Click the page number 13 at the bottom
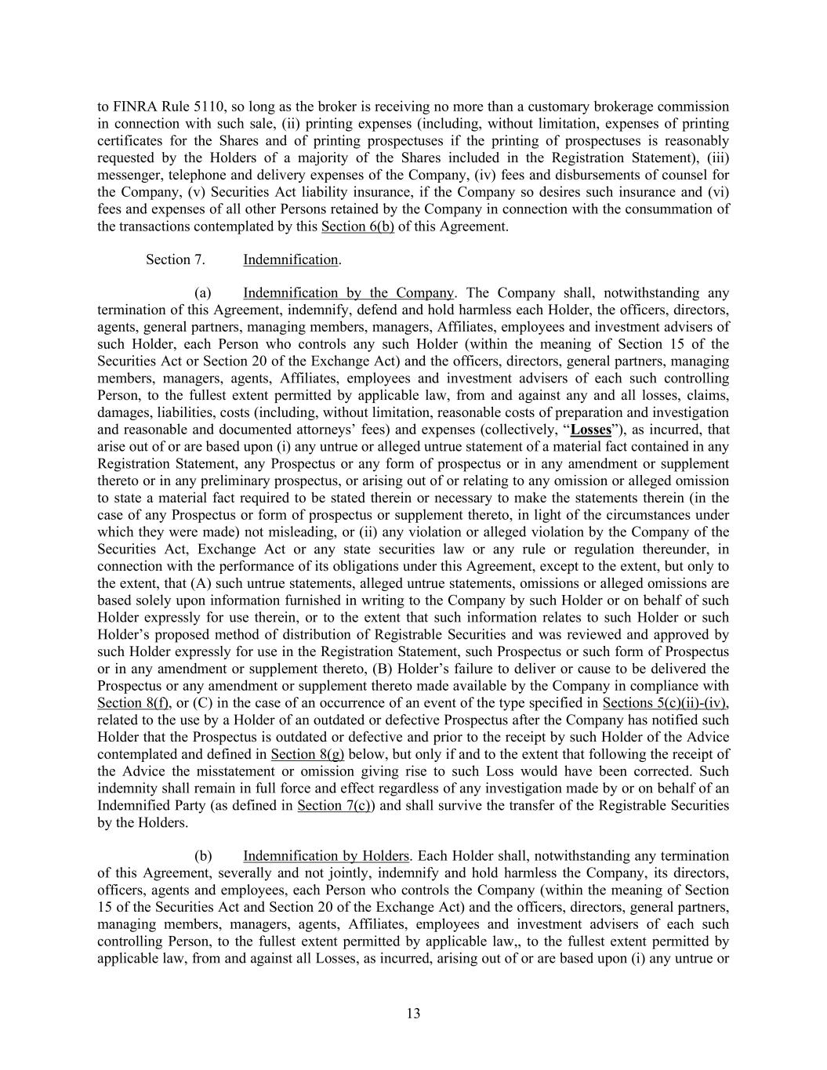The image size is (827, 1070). coord(413,1014)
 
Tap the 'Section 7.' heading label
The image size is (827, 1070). coord(176,259)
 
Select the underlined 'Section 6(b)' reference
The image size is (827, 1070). coord(357,227)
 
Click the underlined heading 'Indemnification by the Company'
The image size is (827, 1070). coord(348,293)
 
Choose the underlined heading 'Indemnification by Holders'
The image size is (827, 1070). coord(326,856)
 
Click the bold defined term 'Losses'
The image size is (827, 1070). coord(591,430)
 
